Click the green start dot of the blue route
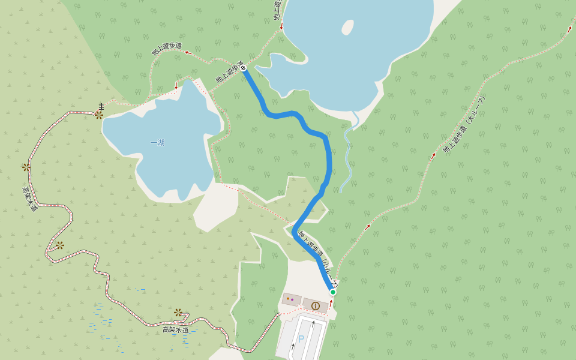[333, 292]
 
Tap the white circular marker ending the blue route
[244, 68]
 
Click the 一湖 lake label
[157, 143]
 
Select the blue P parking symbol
[301, 339]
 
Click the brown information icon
[316, 305]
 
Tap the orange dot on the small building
[288, 298]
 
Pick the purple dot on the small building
[292, 299]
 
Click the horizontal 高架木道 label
[175, 330]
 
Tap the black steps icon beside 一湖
[101, 106]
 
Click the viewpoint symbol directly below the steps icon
[99, 115]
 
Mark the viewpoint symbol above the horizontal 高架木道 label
[178, 313]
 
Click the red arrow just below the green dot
[331, 304]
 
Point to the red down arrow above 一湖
[176, 86]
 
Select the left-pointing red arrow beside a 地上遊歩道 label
[187, 52]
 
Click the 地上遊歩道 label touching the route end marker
[230, 71]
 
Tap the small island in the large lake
[347, 27]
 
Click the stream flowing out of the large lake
[348, 150]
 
